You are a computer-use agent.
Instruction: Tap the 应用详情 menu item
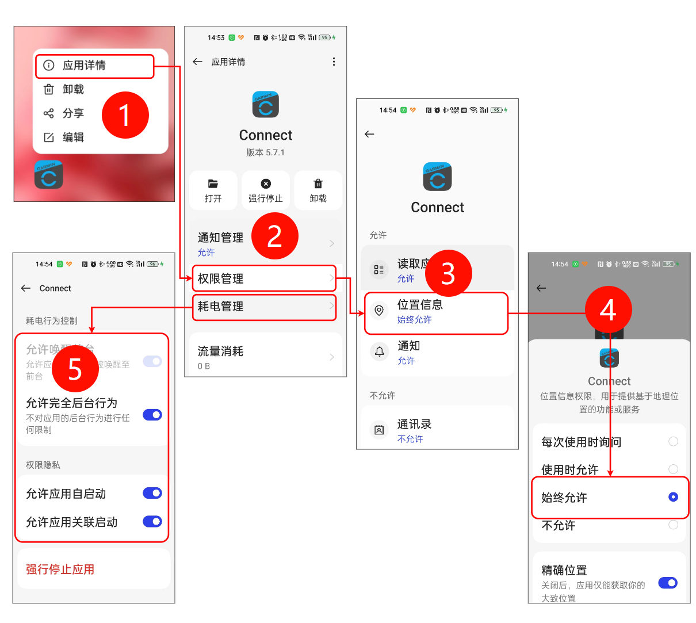(84, 66)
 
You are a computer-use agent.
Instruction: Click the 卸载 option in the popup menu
(73, 89)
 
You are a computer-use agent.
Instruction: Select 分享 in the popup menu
(73, 113)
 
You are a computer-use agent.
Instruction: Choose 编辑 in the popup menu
(73, 137)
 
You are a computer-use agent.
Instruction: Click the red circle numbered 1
(125, 115)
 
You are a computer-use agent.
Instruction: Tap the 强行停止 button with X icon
(265, 190)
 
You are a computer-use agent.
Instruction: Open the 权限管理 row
(263, 278)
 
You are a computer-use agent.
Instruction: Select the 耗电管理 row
(263, 307)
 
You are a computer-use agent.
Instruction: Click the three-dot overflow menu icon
(334, 62)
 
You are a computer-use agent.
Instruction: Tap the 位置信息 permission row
(435, 312)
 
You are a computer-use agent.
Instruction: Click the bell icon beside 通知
(379, 351)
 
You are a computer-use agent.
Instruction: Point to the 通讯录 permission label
(414, 425)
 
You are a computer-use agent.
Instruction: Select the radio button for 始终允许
(673, 497)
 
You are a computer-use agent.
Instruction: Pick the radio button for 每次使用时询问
(673, 441)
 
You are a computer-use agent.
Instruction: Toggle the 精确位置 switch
(668, 583)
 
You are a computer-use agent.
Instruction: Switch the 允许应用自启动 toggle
(152, 493)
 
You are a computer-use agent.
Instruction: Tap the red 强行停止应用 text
(60, 570)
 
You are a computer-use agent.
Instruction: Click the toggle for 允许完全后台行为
(152, 415)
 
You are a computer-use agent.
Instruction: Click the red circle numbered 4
(608, 310)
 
